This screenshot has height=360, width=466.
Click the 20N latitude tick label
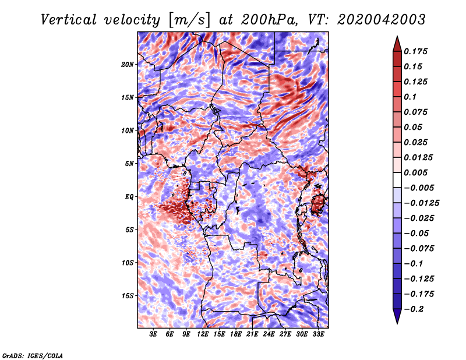click(x=128, y=64)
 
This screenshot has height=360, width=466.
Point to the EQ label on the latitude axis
click(x=129, y=197)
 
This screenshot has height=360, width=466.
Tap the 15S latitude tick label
click(x=128, y=296)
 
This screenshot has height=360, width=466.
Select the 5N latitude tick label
click(x=129, y=164)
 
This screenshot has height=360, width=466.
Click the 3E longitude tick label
click(x=153, y=334)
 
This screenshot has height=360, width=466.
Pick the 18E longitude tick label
click(x=236, y=334)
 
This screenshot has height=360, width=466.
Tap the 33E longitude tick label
click(x=318, y=334)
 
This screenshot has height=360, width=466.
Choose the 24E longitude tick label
click(x=269, y=334)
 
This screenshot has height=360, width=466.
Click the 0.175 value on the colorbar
click(x=415, y=51)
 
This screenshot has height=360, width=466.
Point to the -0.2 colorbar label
click(x=414, y=309)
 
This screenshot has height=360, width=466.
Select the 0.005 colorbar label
click(x=415, y=172)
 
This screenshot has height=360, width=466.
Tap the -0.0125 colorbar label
click(x=421, y=203)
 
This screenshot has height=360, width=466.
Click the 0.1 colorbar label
click(x=410, y=97)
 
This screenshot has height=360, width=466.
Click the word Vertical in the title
click(x=69, y=20)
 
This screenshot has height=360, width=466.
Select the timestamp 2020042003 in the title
click(x=382, y=20)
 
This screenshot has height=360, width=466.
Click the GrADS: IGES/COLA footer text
click(x=33, y=356)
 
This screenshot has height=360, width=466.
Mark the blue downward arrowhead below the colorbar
click(x=397, y=315)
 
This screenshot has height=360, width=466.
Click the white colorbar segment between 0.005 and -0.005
click(x=397, y=180)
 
